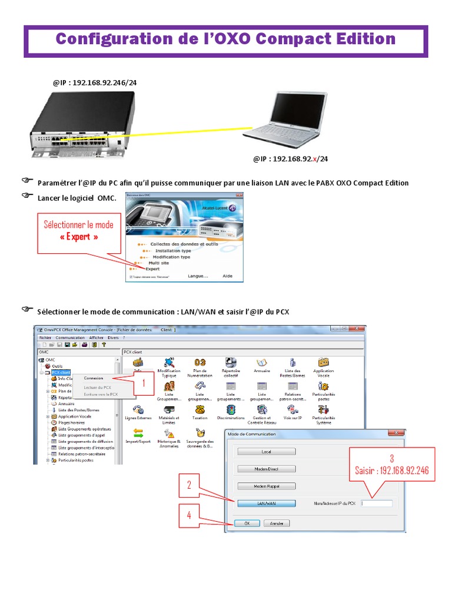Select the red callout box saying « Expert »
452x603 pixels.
tap(79, 230)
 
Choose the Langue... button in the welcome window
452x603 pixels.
tap(198, 276)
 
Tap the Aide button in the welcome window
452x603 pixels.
tap(227, 276)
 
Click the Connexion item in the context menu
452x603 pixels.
tap(94, 378)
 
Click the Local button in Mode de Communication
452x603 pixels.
tap(266, 452)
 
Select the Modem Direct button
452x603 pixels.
tap(266, 469)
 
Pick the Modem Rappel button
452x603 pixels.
tap(266, 486)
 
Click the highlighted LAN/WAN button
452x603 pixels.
tap(266, 503)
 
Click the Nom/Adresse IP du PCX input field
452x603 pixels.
tap(377, 503)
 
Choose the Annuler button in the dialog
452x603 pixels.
tap(276, 523)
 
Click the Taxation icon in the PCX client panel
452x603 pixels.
tap(200, 410)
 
